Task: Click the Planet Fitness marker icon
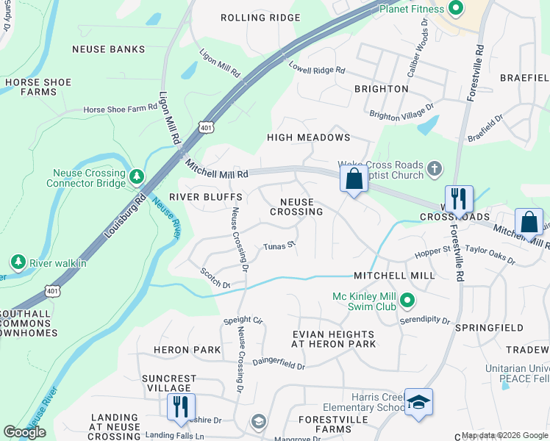456,9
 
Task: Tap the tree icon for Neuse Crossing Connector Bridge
136,176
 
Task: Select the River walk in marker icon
17,262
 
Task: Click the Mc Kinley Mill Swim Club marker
410,301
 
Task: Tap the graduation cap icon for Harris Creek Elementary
418,402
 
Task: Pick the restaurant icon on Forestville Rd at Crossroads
459,198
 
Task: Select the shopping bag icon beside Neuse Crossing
354,179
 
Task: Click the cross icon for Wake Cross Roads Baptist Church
435,169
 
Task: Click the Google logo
24,432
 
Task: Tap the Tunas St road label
279,245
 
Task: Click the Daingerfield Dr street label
279,363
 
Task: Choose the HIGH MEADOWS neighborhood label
308,137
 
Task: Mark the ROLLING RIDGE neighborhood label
250,18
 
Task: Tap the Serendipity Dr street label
424,320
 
